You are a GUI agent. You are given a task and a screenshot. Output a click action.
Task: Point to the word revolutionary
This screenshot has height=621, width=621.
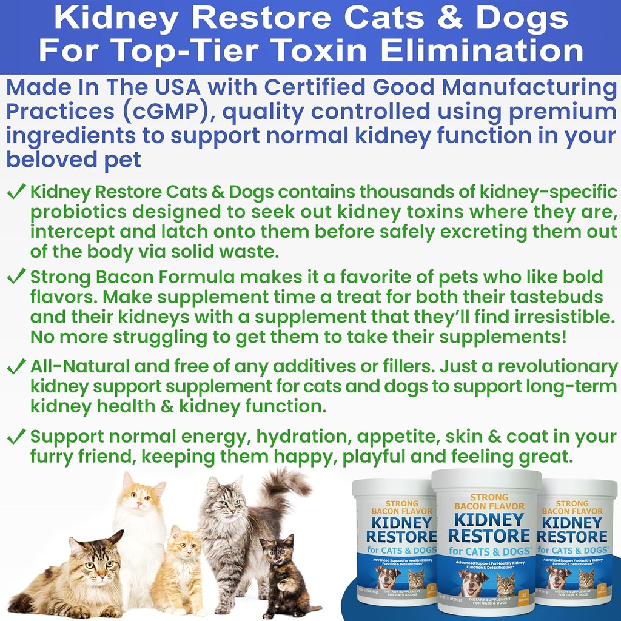point(549,366)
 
